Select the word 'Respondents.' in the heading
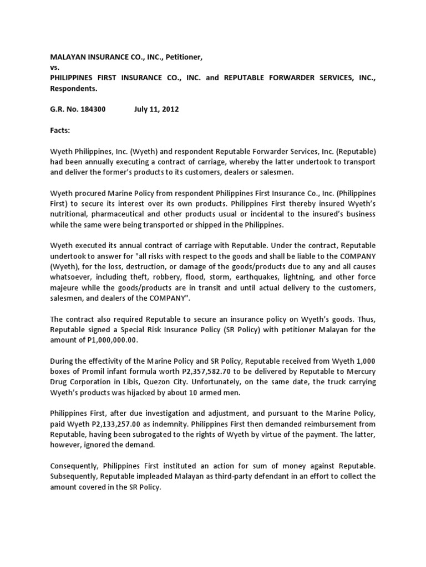[x=74, y=89]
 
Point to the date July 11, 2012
[x=156, y=110]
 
